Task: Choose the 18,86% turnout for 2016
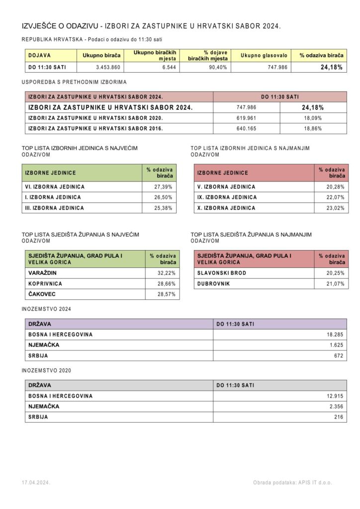tap(312, 128)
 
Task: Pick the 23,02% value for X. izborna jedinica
tap(335, 208)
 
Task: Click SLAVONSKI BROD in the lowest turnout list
tap(222, 273)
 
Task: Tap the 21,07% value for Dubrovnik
tap(335, 284)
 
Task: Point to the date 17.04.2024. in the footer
tap(36, 483)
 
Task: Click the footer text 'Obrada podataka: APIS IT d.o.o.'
tap(292, 483)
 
